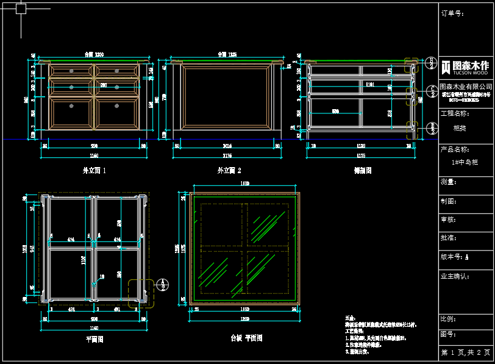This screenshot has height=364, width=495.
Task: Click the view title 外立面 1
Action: (x=94, y=171)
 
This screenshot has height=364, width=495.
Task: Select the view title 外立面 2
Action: (x=229, y=171)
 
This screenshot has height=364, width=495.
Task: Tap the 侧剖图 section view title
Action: (x=363, y=171)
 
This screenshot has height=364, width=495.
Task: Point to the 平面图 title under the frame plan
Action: (x=94, y=339)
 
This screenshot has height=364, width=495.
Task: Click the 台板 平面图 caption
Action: (x=245, y=338)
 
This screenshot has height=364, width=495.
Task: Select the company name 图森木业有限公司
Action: (x=466, y=87)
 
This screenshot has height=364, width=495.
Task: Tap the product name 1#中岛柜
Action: (x=465, y=163)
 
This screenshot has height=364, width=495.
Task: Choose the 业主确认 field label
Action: (x=455, y=276)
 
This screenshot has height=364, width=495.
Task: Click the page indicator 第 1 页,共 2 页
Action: (x=466, y=352)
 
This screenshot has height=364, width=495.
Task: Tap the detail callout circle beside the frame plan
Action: (x=163, y=285)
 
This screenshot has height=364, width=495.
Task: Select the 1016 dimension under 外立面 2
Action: (x=227, y=146)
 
